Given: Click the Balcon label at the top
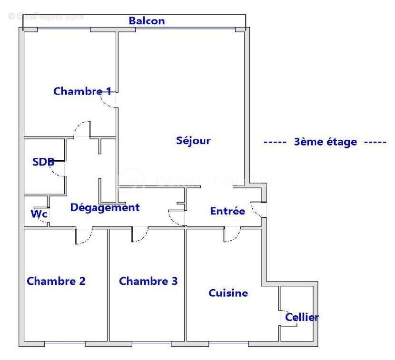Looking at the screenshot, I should coord(147,21).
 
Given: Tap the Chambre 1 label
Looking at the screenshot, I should coord(82,91).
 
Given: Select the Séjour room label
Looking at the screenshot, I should coord(193,141).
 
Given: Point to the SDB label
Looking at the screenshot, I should coord(43,162).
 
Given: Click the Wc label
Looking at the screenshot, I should coord(39,214).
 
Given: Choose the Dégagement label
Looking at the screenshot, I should coord(105,207).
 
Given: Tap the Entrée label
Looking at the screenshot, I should coord(227,211).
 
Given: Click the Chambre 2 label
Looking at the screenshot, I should coord(56,281).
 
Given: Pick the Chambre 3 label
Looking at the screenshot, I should coord(148,281).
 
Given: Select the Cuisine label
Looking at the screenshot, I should coord(228,293).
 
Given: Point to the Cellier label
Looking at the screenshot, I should coord(302,317).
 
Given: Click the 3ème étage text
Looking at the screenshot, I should coord(326,142).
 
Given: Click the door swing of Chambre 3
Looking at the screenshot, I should coord(139,235).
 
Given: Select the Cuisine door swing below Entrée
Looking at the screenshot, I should coord(232,235).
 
